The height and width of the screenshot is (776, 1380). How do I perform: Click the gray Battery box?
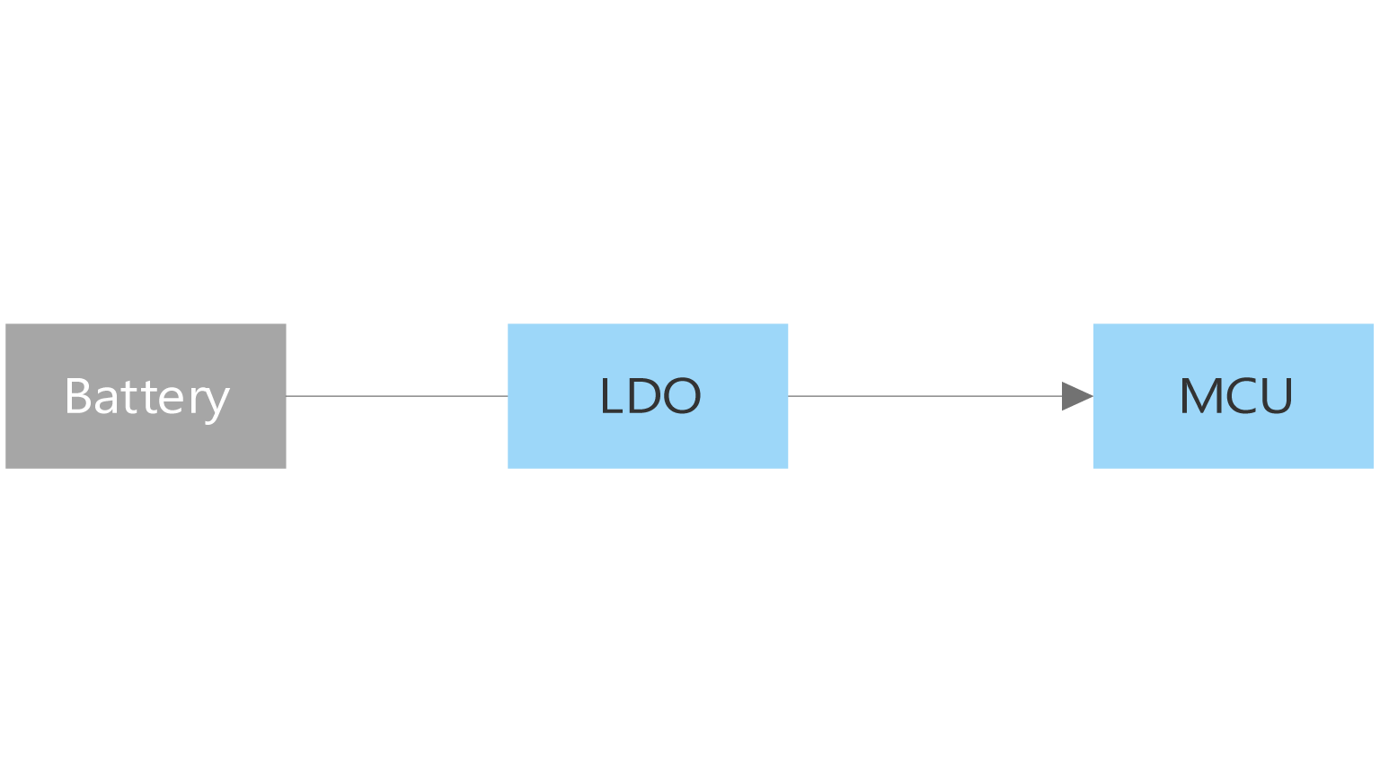pyautogui.click(x=146, y=396)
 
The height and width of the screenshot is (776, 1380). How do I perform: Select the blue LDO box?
pyautogui.click(x=648, y=396)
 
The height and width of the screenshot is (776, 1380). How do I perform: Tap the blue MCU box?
pyautogui.click(x=1234, y=396)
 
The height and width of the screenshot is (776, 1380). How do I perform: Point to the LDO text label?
pyautogui.click(x=650, y=396)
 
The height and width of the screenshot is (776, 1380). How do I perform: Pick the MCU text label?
pyautogui.click(x=1236, y=396)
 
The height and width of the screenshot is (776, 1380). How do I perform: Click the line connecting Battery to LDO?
pyautogui.click(x=397, y=396)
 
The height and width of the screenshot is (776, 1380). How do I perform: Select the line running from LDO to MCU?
pyautogui.click(x=941, y=396)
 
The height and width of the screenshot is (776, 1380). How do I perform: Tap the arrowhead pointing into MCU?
pyautogui.click(x=1077, y=396)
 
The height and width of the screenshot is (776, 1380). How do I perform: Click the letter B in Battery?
pyautogui.click(x=78, y=396)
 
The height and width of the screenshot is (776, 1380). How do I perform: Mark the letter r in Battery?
pyautogui.click(x=195, y=401)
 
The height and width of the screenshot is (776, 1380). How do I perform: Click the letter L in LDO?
pyautogui.click(x=612, y=396)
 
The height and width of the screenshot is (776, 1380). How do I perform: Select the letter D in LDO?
pyautogui.click(x=642, y=396)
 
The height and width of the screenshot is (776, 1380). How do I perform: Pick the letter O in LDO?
pyautogui.click(x=681, y=396)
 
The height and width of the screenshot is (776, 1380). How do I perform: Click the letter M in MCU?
pyautogui.click(x=1200, y=396)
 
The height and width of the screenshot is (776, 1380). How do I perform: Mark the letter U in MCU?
pyautogui.click(x=1277, y=396)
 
